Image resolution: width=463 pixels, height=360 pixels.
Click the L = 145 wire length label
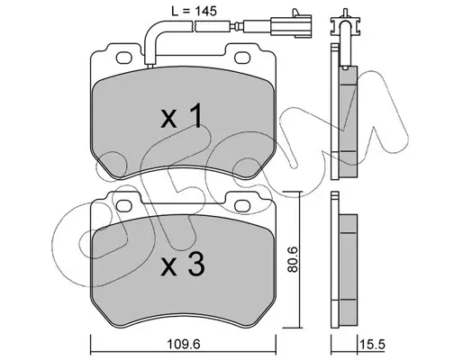[194, 12]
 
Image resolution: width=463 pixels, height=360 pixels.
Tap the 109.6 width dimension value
[183, 345]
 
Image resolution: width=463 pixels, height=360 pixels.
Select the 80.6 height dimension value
[292, 259]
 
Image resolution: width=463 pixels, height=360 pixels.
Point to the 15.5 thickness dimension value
[373, 345]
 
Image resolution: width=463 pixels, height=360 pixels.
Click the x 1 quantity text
[181, 116]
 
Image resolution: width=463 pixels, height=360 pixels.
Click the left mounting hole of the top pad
[124, 58]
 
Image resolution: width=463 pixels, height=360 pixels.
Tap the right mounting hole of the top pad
[242, 58]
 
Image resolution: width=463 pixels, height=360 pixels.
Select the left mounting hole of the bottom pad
[124, 206]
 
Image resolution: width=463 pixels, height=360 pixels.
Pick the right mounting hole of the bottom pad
[242, 206]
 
